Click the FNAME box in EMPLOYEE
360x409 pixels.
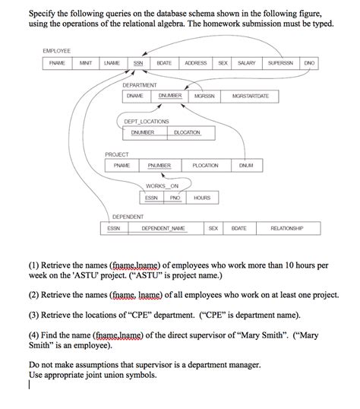(58, 63)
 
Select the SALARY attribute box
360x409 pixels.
(245, 63)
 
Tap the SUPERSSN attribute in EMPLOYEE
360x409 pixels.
(281, 63)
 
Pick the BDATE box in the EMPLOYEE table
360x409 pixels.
(164, 63)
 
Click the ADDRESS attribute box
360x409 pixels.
(196, 63)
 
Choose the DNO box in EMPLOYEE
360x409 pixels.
(309, 63)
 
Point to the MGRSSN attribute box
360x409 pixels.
(204, 97)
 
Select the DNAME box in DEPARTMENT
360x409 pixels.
(135, 97)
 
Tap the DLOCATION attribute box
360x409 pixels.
(187, 132)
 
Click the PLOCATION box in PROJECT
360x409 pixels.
(205, 165)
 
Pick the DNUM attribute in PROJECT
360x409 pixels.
(246, 165)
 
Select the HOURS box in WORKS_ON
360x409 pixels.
(201, 198)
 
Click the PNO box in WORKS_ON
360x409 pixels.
(175, 198)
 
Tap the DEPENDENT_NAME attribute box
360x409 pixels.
(163, 228)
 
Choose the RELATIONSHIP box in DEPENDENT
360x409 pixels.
(286, 228)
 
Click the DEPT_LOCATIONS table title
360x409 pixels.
(147, 121)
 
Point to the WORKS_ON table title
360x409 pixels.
(163, 186)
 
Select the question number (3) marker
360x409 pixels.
(35, 315)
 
